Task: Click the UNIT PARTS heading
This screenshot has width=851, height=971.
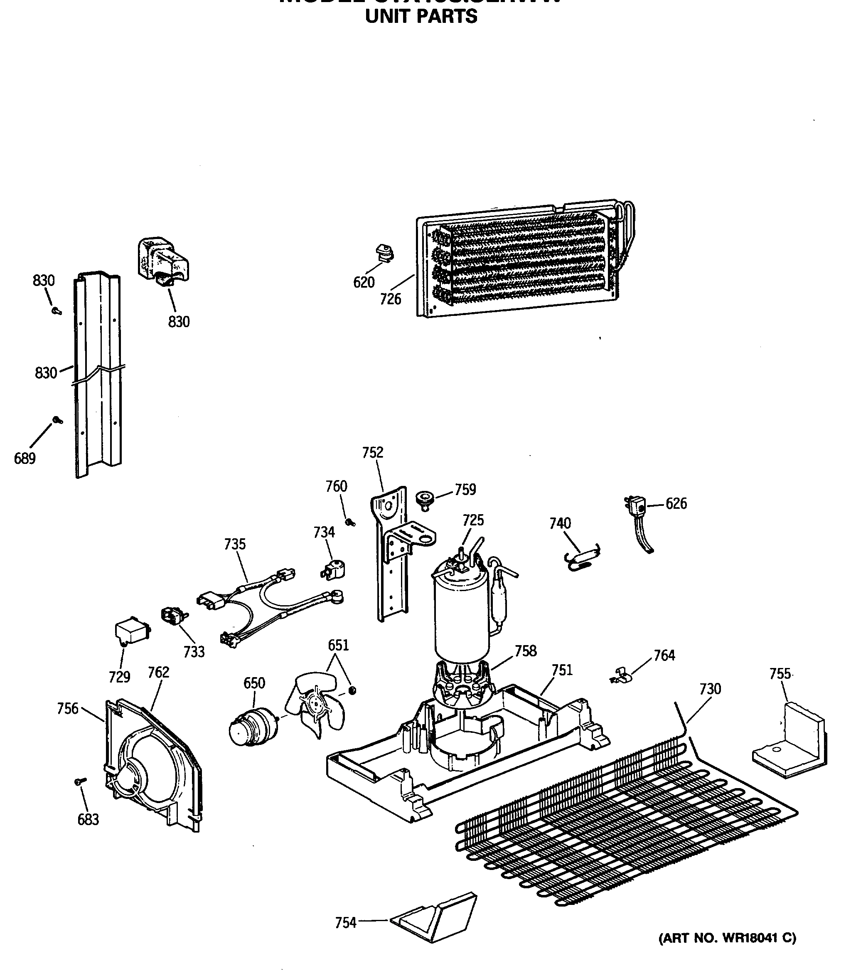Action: coord(421,17)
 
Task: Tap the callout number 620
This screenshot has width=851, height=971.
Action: coord(364,282)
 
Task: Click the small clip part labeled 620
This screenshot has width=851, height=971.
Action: coord(385,253)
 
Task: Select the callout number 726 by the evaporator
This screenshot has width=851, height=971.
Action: coord(390,299)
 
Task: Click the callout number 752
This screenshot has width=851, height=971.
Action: coord(372,452)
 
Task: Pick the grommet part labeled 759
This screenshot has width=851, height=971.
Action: coord(425,500)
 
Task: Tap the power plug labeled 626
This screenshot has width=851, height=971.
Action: coord(636,505)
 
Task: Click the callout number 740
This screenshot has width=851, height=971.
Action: coord(560,523)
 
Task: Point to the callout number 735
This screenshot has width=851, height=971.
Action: coord(235,544)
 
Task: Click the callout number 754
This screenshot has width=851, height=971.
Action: coord(345,923)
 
